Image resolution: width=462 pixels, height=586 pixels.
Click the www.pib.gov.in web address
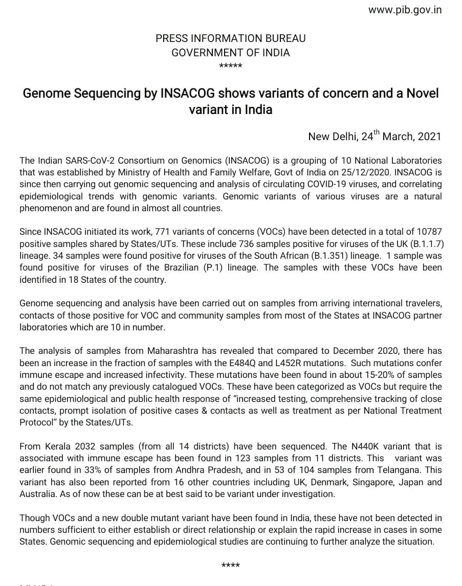point(405,10)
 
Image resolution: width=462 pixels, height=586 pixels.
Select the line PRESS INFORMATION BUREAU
point(230,39)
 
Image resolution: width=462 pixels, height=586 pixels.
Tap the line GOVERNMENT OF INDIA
point(230,52)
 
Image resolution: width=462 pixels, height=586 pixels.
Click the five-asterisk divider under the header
point(230,66)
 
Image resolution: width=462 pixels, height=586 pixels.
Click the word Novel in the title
point(422,94)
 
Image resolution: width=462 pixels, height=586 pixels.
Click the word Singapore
point(353,482)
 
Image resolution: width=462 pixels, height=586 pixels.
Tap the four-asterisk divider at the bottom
point(231,565)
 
